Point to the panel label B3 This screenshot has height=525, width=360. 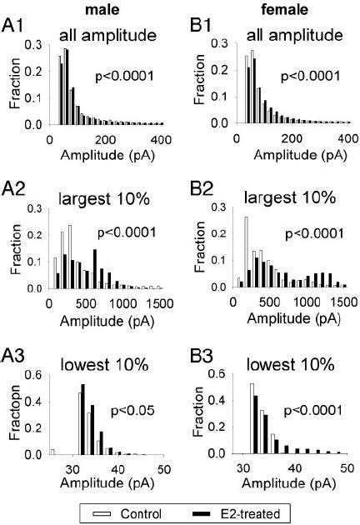(197, 359)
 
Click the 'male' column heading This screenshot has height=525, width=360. (92, 9)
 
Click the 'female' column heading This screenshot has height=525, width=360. (271, 9)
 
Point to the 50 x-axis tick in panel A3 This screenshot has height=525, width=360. (165, 467)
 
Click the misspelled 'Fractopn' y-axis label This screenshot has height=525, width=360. (11, 414)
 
